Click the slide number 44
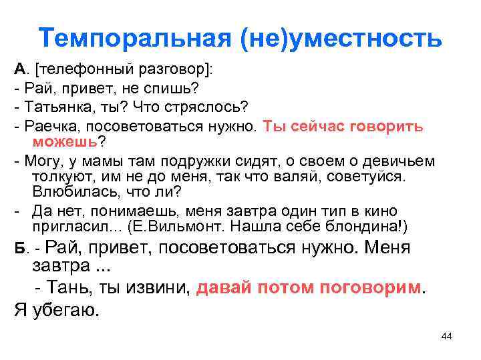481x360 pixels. click(x=447, y=336)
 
